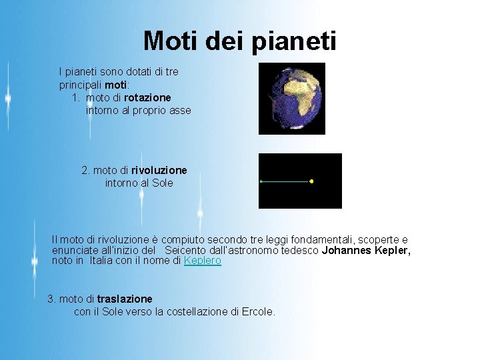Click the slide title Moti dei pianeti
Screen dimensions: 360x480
239,41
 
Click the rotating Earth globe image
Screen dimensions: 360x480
292,98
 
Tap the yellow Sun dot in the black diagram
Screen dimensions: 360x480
311,181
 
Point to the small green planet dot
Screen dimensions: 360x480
261,181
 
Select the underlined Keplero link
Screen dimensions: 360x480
202,261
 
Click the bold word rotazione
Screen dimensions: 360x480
147,97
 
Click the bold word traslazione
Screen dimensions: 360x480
125,299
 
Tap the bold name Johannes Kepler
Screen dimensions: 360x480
366,251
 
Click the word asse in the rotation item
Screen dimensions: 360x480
180,110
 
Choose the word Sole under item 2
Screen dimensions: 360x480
162,183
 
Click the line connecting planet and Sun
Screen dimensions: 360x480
287,181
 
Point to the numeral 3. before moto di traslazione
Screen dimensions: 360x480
51,299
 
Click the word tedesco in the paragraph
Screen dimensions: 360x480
301,251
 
